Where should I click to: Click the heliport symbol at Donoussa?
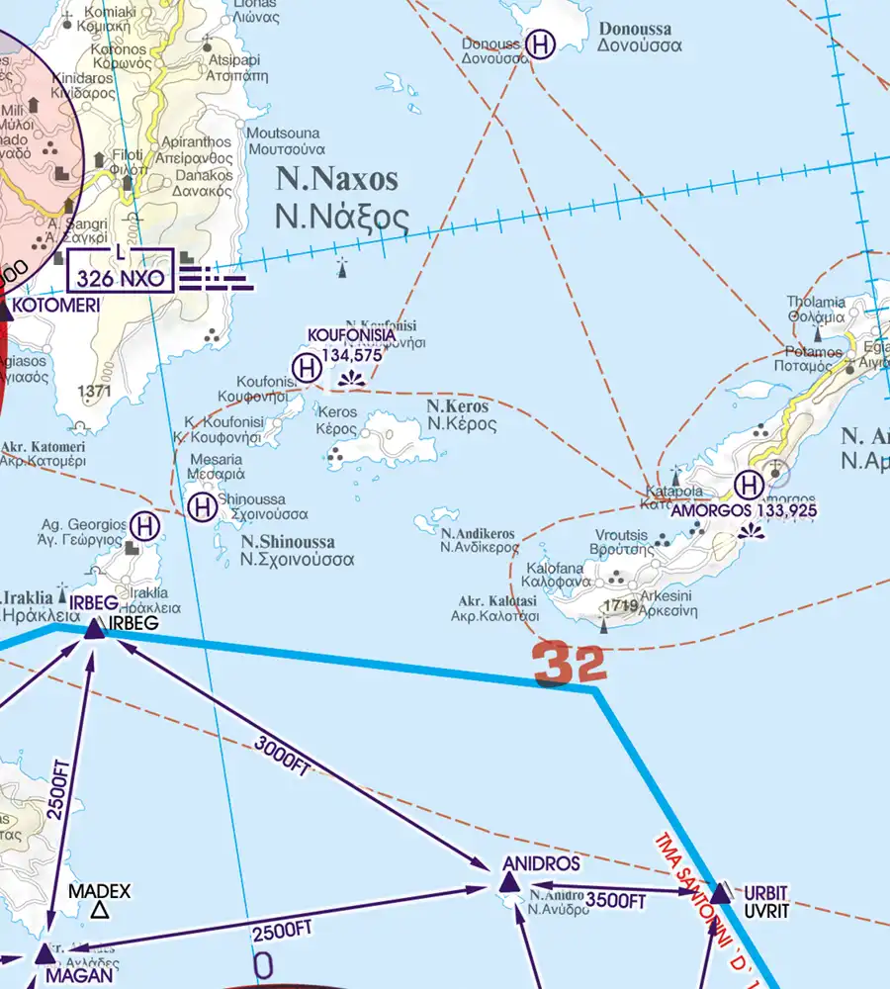[x=540, y=45]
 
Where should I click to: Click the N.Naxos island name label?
[x=337, y=179]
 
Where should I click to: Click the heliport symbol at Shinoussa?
[x=202, y=508]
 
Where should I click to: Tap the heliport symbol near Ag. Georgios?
[x=146, y=525]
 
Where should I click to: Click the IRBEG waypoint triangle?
[x=94, y=627]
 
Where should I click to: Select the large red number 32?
[x=569, y=665]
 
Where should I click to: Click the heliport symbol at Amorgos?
[x=750, y=485]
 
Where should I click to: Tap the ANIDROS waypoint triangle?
[x=505, y=878]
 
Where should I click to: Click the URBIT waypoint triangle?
[x=721, y=893]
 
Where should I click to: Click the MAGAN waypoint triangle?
[x=44, y=953]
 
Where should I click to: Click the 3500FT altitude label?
[x=616, y=900]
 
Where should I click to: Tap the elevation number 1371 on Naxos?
[x=93, y=392]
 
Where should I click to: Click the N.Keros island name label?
[x=457, y=406]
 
